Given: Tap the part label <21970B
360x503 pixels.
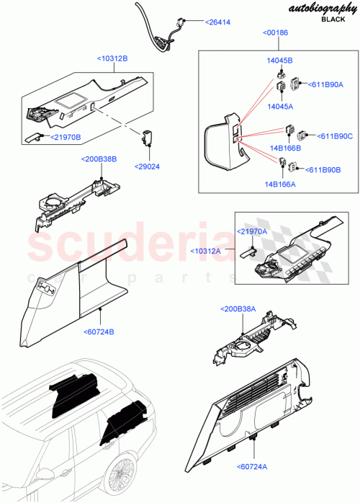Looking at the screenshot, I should (x=64, y=137).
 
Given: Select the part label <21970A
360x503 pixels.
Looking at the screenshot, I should (x=252, y=231).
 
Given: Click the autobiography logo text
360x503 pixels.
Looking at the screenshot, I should (x=320, y=9).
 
